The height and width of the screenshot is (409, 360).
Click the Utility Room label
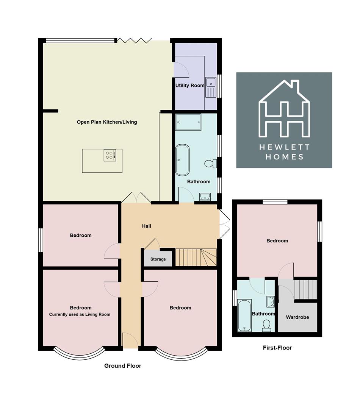click(x=189, y=86)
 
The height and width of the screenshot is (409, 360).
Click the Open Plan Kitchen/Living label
click(x=107, y=122)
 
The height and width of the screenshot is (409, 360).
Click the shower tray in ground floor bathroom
click(x=188, y=122)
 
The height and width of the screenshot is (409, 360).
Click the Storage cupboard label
click(x=158, y=259)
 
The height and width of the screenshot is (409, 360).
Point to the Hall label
click(x=146, y=226)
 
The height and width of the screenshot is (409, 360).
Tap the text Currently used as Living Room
click(x=80, y=314)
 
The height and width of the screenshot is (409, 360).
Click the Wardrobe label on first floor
click(x=297, y=317)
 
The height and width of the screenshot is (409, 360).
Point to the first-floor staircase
click(x=305, y=289)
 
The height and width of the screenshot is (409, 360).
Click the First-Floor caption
click(x=277, y=348)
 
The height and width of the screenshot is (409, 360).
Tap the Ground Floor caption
click(x=123, y=366)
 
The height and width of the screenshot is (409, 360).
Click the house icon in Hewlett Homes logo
click(x=284, y=110)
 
